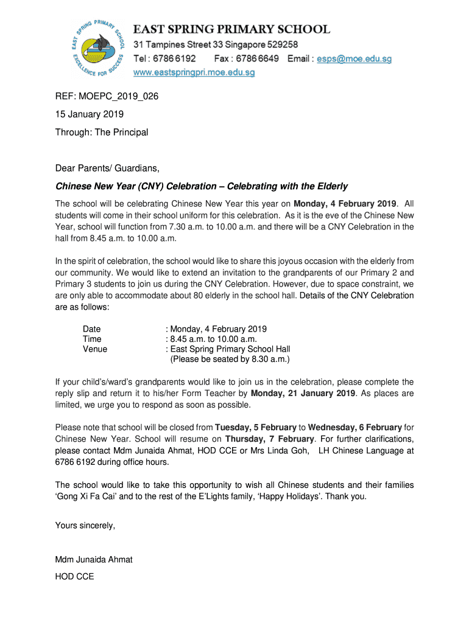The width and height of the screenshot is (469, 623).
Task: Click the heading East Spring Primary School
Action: click(x=232, y=29)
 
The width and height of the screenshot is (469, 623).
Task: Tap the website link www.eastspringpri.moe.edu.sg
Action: click(x=194, y=72)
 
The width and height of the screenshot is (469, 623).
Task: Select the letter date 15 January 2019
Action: click(x=90, y=114)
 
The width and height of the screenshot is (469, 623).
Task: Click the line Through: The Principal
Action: click(x=102, y=132)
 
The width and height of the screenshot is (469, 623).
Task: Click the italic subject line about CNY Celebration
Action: click(x=202, y=186)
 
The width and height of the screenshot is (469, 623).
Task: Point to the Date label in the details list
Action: click(x=92, y=329)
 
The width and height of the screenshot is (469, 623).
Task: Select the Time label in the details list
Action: click(x=92, y=339)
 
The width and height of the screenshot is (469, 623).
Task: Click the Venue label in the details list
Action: click(x=95, y=349)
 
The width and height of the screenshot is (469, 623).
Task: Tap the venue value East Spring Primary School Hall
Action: click(x=230, y=349)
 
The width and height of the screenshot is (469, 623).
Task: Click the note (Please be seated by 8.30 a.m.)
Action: click(x=230, y=359)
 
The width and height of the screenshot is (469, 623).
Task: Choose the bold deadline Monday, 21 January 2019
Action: click(x=303, y=393)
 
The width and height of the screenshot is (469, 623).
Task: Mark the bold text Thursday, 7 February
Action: click(x=270, y=439)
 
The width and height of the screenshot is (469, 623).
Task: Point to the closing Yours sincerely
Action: click(x=85, y=525)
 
